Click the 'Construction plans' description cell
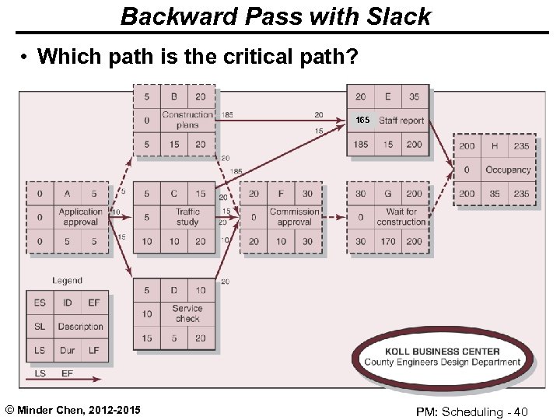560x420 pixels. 187,120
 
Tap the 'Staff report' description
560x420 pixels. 401,121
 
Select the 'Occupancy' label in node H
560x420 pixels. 508,170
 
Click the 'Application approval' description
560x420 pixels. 80,217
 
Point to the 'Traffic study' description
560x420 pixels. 187,217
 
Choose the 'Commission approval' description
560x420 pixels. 295,217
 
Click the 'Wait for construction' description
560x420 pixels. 401,217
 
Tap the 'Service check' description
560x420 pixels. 187,313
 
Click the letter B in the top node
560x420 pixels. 175,97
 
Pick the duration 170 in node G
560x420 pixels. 387,241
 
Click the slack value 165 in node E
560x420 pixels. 362,121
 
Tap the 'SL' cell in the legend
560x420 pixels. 40,327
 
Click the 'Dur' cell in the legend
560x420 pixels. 68,351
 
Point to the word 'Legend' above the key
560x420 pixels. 68,281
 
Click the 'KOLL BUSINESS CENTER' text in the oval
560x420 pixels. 443,351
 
